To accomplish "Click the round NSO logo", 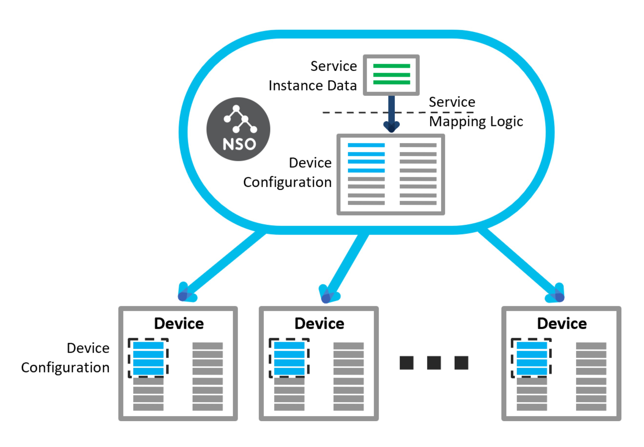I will [x=238, y=129].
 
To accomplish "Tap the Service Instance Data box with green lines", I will [x=391, y=75].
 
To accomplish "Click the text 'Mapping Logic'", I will [x=476, y=122].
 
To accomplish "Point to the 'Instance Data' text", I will [x=312, y=86].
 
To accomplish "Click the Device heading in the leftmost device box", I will [x=179, y=324].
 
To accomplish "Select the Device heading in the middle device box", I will [x=320, y=324].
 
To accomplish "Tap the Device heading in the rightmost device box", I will [x=562, y=324].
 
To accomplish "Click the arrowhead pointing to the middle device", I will [x=328, y=296].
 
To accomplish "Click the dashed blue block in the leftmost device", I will [x=148, y=358].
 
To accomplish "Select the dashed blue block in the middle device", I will [x=289, y=358].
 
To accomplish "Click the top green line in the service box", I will [x=392, y=66].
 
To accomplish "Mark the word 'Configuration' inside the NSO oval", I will [x=287, y=183].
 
